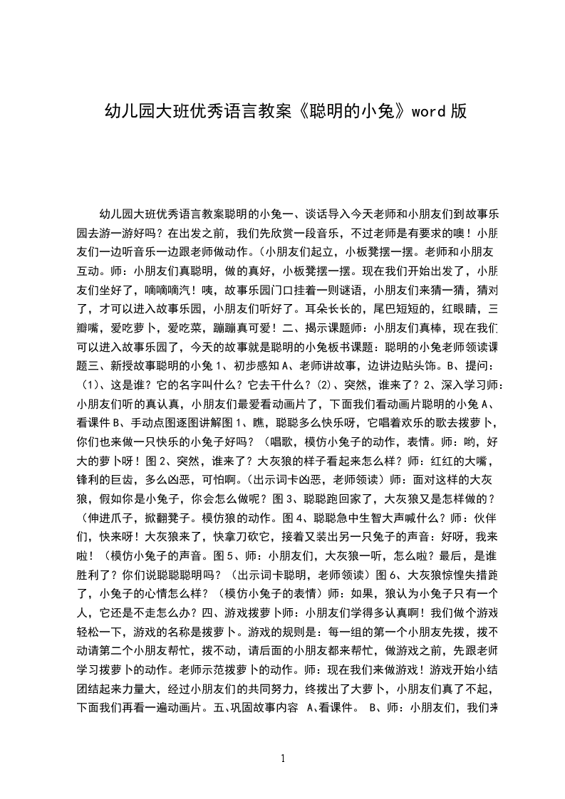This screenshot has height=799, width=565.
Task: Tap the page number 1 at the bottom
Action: click(x=283, y=758)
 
